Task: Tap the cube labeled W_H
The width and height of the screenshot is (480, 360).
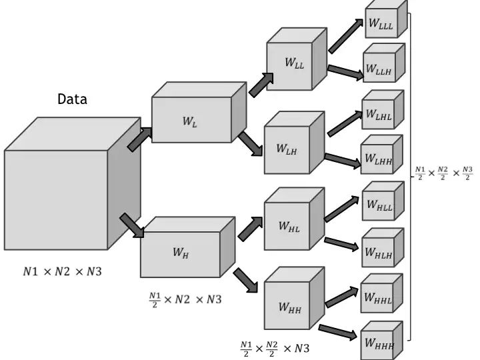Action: click(x=180, y=253)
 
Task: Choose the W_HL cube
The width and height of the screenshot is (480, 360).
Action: click(x=288, y=227)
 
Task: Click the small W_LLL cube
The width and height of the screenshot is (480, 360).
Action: click(x=381, y=24)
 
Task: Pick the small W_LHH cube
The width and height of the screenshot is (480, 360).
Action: click(x=377, y=159)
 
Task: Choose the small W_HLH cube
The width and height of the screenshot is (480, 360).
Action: click(x=378, y=252)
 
